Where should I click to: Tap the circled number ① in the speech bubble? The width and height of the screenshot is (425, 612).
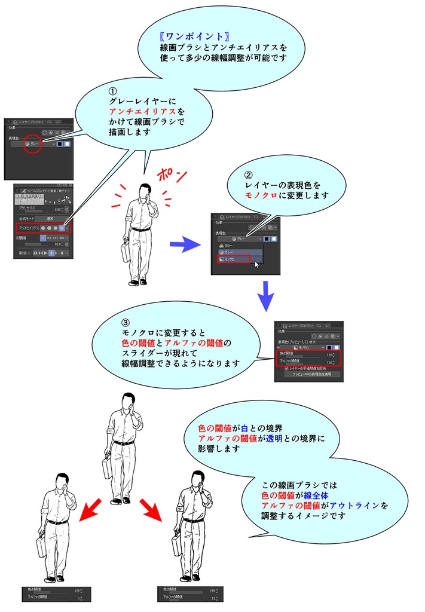(112, 91)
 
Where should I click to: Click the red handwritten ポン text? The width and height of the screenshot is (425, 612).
(172, 176)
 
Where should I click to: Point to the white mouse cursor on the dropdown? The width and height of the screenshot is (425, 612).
(257, 264)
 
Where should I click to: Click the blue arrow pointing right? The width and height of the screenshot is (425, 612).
(184, 243)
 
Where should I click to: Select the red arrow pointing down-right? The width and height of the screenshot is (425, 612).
(153, 509)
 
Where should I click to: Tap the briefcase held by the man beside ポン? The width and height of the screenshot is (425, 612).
(127, 252)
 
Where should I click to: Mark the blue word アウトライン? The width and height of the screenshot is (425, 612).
(359, 505)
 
